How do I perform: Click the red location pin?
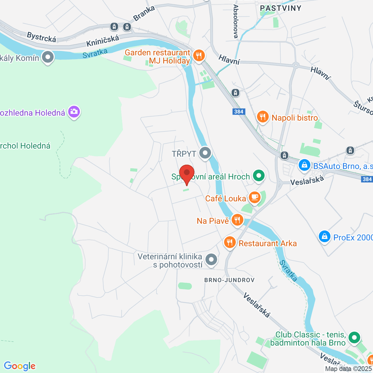187,174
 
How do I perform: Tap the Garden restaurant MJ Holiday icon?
199,56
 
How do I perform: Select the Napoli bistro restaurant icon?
263,117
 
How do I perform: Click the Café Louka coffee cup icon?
255,197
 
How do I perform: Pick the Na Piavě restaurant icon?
237,220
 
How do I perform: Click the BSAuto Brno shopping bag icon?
304,165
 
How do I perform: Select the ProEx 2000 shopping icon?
325,237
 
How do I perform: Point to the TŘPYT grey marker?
205,153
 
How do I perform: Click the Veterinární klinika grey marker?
212,259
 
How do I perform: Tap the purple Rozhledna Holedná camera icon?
74,112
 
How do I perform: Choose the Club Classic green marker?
354,337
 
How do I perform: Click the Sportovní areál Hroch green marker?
258,176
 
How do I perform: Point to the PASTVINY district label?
280,8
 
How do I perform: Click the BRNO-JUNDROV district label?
229,280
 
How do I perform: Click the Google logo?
20,366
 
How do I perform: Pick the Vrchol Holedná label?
25,146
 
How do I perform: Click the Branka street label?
144,13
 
